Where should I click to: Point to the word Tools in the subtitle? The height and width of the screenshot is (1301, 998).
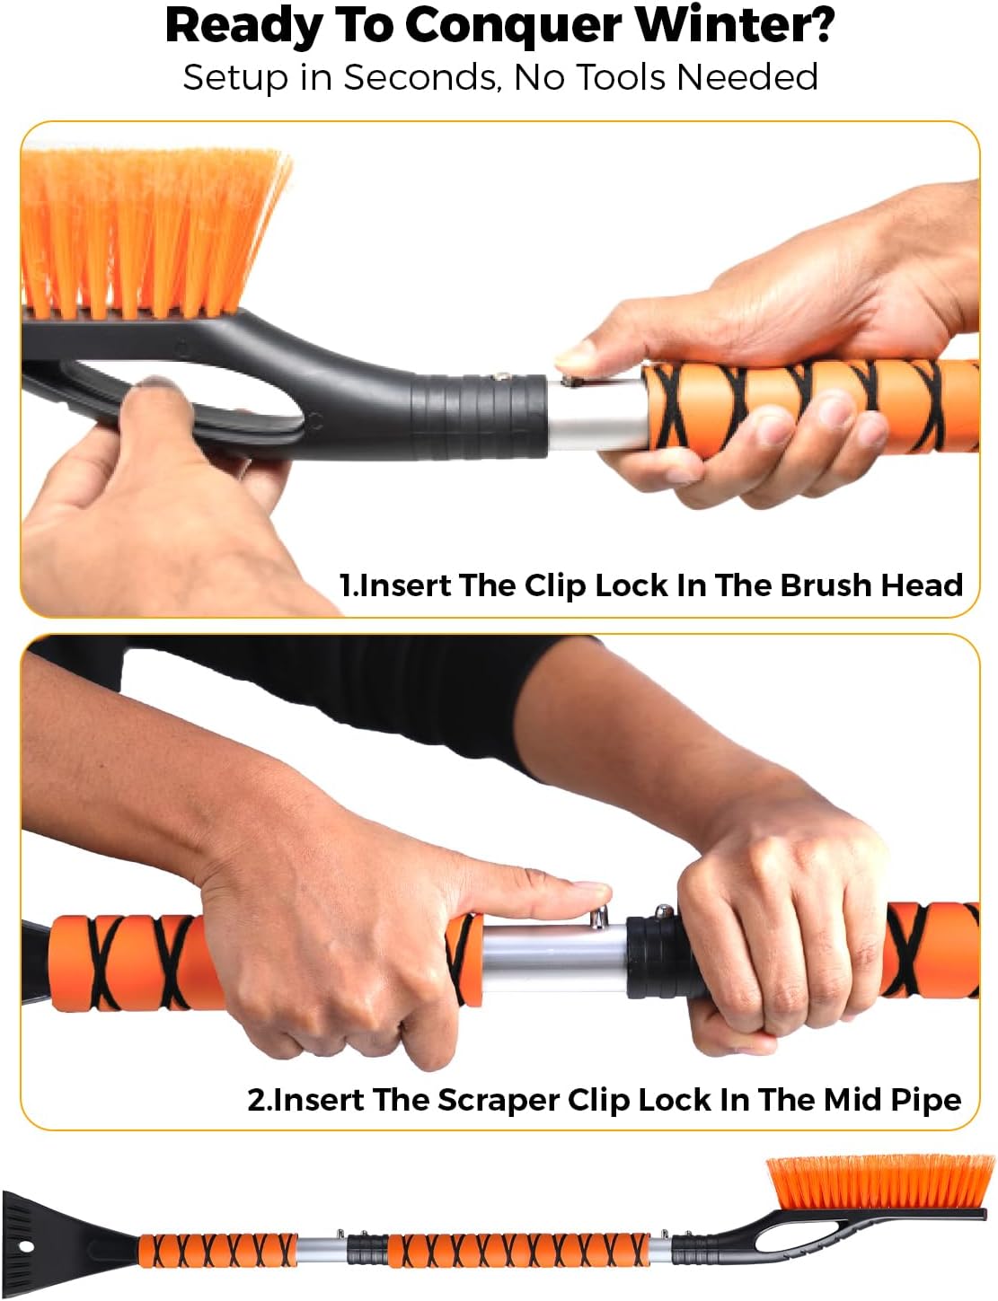[x=623, y=77]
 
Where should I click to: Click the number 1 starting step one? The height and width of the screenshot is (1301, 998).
[x=346, y=585]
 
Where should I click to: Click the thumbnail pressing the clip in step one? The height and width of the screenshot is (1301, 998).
[x=575, y=356]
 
